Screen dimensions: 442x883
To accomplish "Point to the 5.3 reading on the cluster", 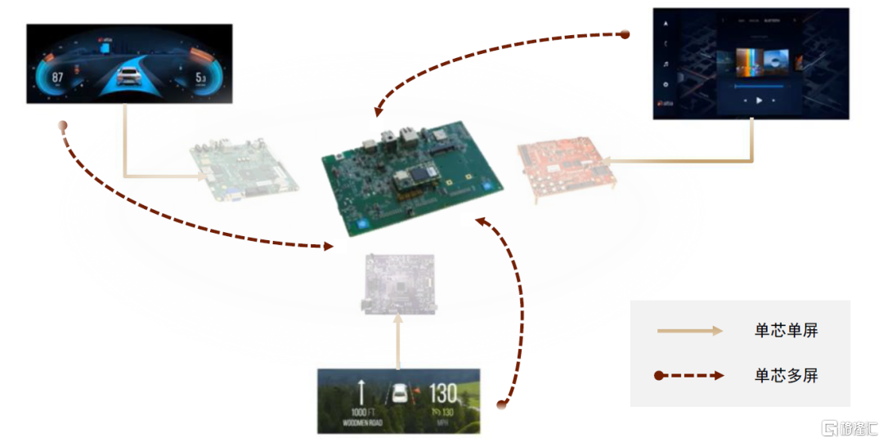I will click(200, 78).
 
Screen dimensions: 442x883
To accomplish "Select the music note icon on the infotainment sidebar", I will click(666, 63).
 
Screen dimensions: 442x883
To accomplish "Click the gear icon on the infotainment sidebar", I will click(666, 84).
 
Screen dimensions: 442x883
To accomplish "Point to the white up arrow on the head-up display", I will click(361, 391).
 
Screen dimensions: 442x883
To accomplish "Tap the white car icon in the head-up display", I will click(401, 393).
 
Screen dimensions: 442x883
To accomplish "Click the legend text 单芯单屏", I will click(786, 331).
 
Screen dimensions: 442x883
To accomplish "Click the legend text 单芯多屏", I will click(786, 376).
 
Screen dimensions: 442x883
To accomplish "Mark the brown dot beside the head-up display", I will click(502, 404).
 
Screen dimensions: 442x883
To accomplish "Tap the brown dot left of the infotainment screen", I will click(625, 34).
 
